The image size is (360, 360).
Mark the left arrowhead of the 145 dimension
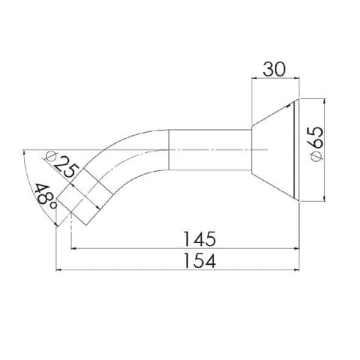[73, 248]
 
